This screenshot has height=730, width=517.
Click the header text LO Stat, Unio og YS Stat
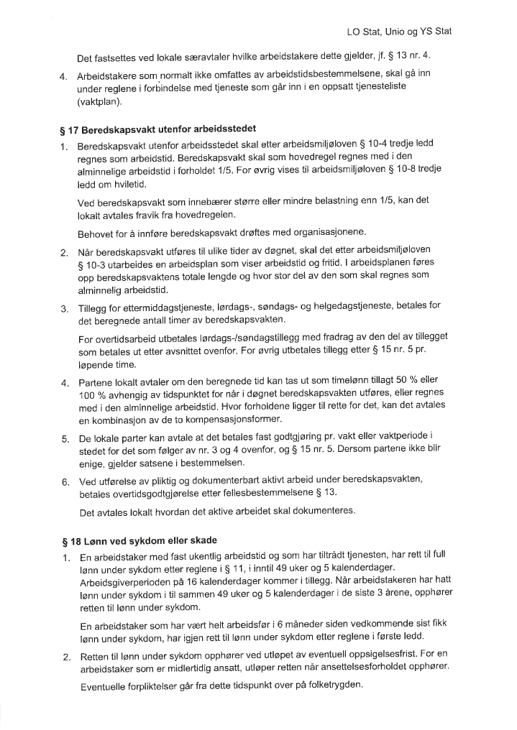[398, 32]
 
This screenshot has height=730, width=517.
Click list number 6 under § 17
[64, 481]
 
